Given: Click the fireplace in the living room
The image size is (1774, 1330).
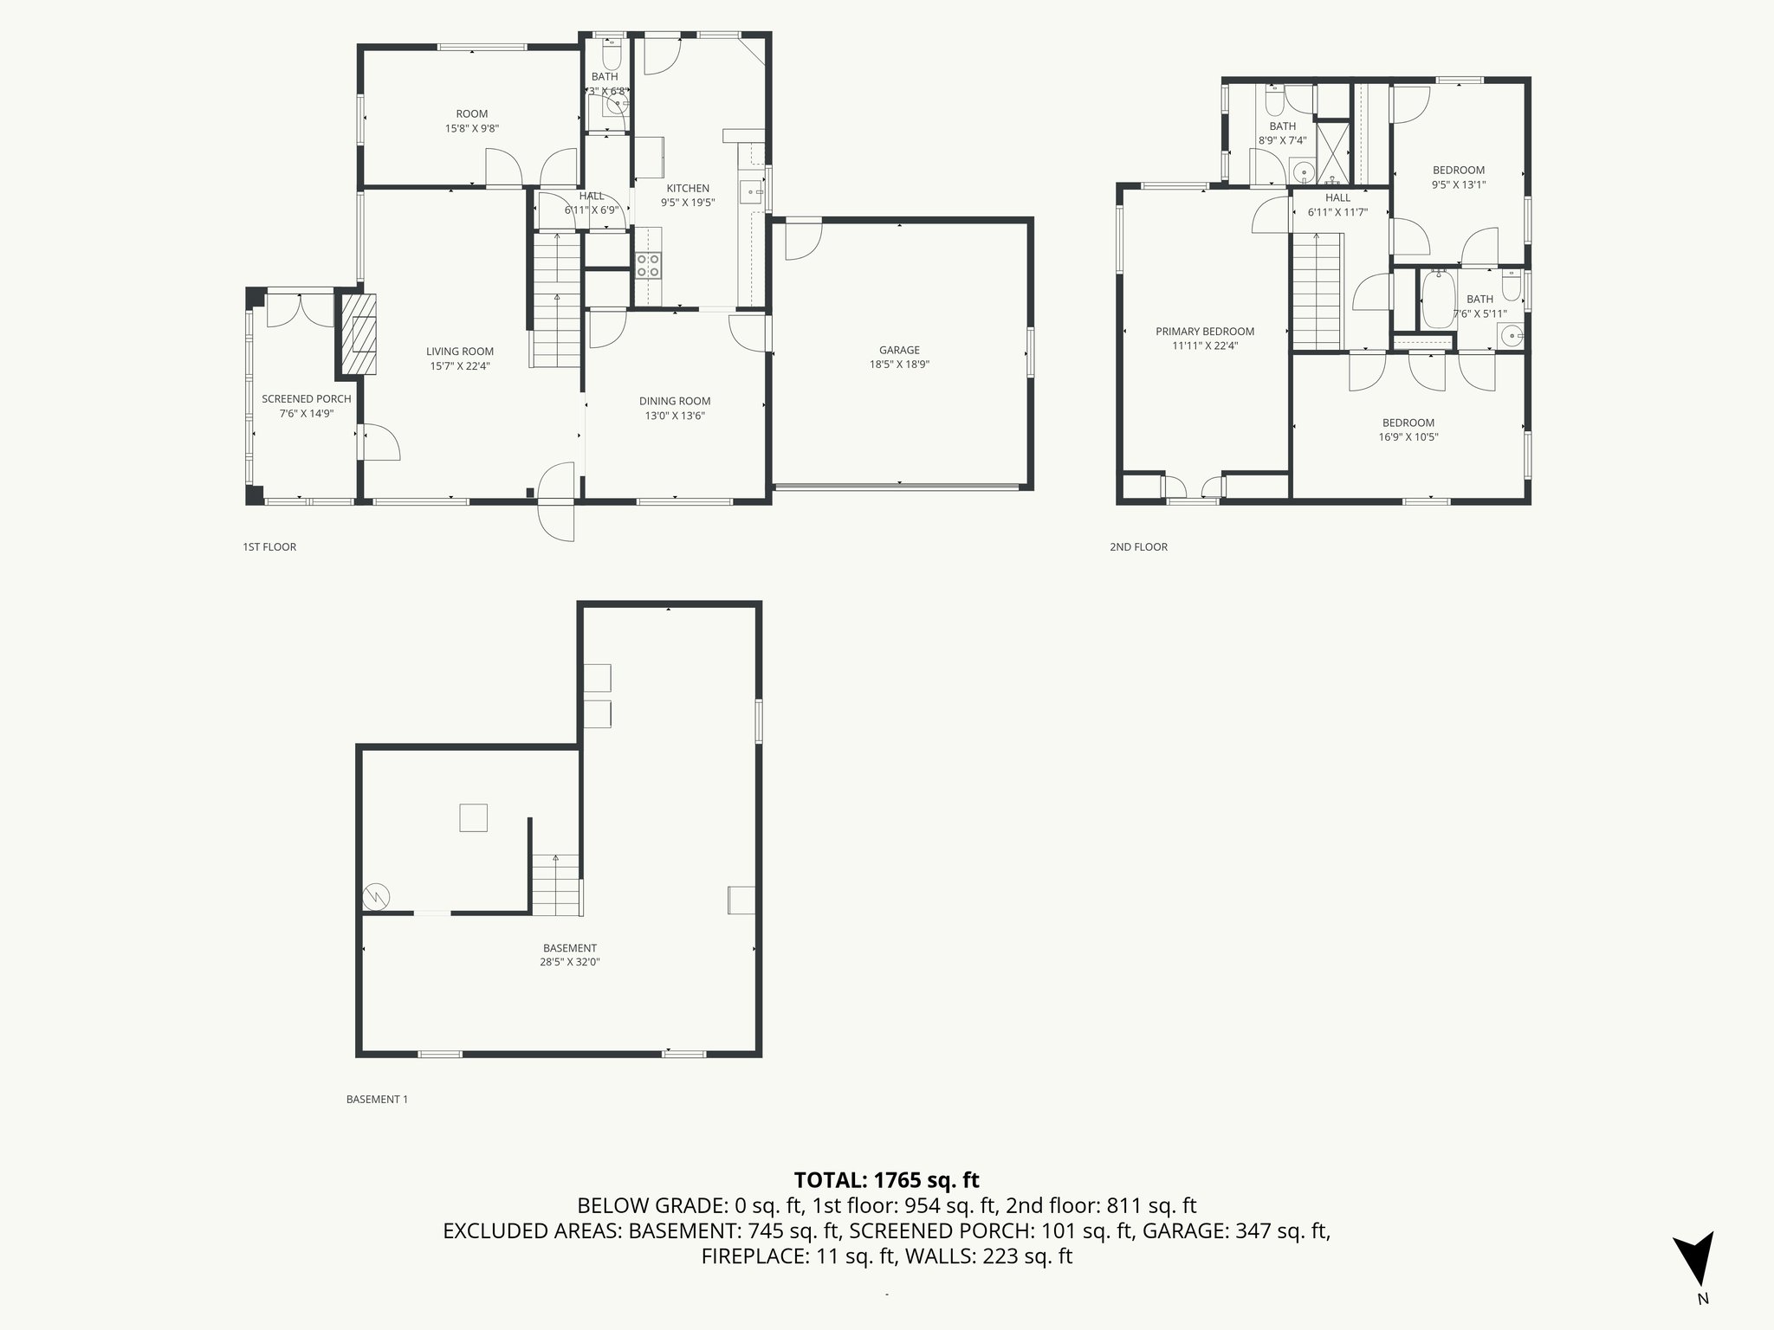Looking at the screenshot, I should (x=358, y=333).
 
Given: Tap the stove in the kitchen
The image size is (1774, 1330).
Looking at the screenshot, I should (x=648, y=265).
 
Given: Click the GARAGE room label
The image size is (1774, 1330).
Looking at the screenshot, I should (x=899, y=350).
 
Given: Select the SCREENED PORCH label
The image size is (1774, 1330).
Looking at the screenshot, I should (x=307, y=399).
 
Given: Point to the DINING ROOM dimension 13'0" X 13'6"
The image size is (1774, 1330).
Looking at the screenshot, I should (x=675, y=416).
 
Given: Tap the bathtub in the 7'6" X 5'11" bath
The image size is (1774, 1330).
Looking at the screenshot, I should (x=1439, y=300).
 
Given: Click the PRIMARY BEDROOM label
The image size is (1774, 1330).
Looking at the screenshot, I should (x=1204, y=332).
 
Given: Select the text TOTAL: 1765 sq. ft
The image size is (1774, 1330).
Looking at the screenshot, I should (x=886, y=1180).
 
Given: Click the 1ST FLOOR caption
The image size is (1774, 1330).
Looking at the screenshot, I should (x=269, y=547).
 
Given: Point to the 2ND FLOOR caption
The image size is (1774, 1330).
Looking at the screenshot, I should (x=1138, y=547).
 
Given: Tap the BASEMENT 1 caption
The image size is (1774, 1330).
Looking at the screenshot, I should (x=377, y=1100).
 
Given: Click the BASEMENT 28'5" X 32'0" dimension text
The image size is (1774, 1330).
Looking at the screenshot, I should (x=570, y=961).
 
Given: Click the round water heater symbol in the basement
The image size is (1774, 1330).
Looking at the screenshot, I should (x=377, y=896).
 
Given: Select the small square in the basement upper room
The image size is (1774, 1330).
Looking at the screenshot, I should (x=473, y=817).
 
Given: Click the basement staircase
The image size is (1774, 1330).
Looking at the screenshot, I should (x=555, y=884).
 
